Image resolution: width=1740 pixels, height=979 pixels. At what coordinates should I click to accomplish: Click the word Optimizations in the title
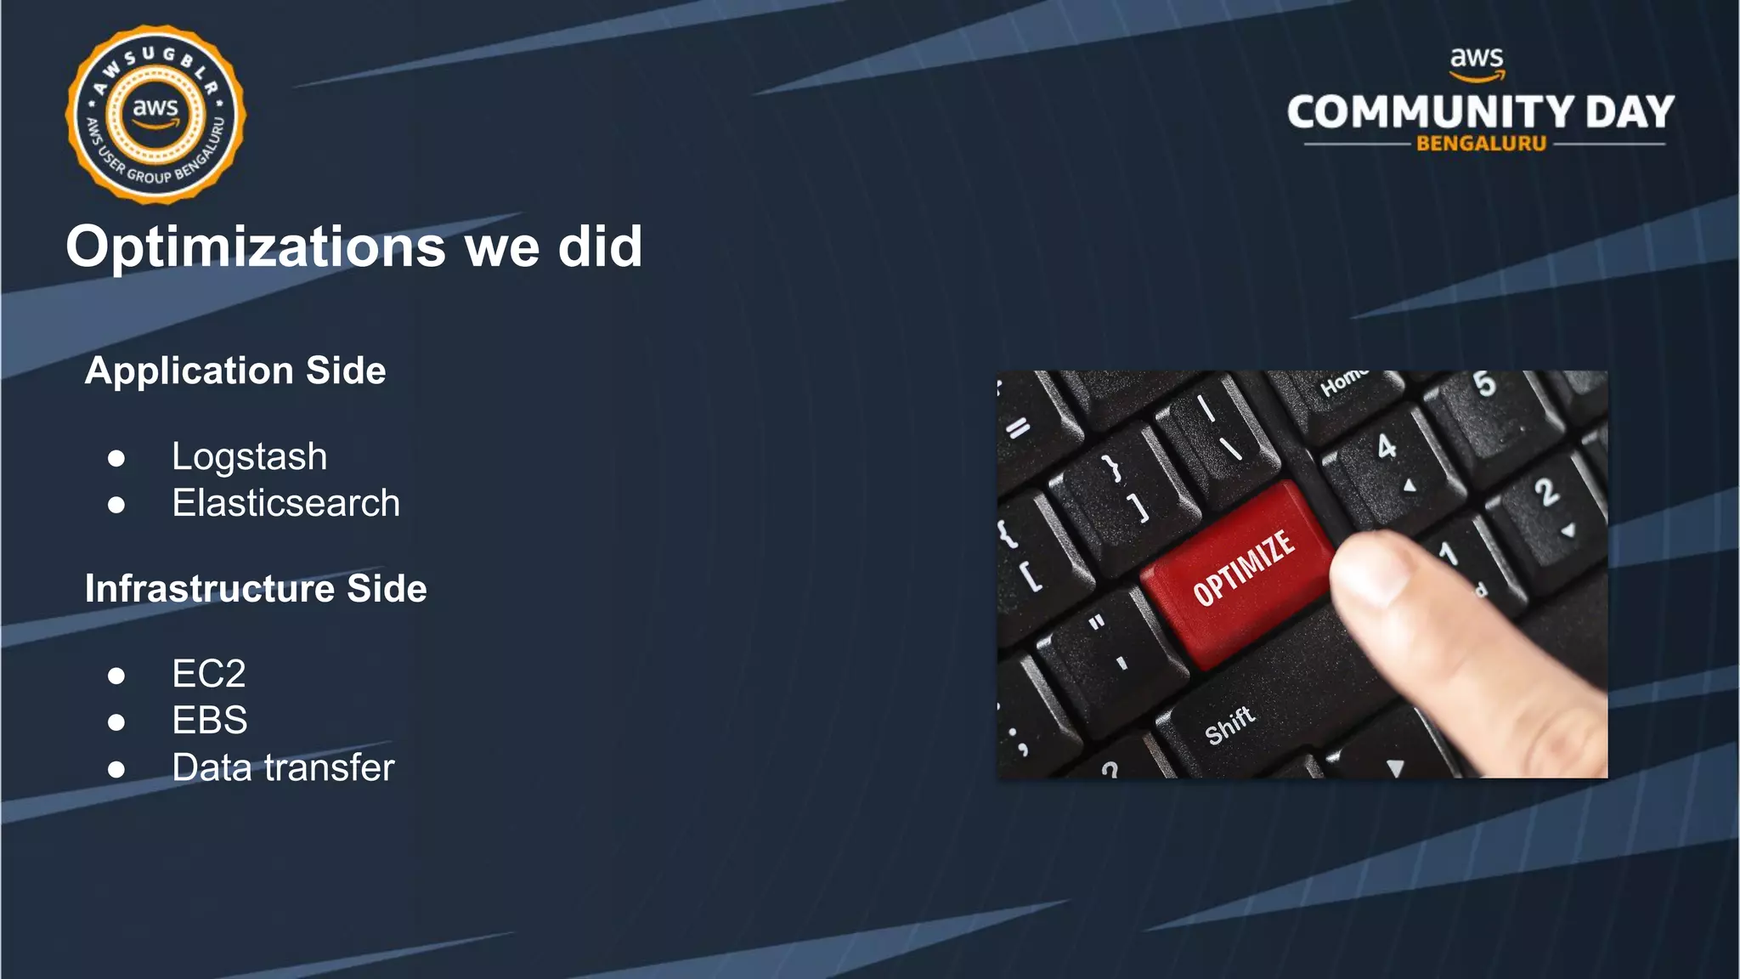coord(255,247)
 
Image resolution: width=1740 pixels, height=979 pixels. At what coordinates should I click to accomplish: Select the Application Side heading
coord(235,371)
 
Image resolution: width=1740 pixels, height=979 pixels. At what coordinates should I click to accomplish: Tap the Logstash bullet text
coord(249,457)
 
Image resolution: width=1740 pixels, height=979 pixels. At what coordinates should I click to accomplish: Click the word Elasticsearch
coord(285,503)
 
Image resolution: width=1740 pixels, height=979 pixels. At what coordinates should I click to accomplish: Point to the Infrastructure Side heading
coord(256,589)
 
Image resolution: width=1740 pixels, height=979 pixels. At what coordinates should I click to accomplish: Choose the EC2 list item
coord(209,674)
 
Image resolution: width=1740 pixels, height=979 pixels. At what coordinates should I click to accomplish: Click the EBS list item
coord(210,721)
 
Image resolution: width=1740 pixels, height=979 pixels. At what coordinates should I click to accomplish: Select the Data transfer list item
coord(283,768)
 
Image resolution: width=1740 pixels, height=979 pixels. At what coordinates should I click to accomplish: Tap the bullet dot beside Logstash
coord(116,459)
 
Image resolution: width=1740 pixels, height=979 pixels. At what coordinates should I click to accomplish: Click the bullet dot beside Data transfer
coord(116,770)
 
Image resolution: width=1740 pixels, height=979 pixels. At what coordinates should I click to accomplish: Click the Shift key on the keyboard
coord(1229,725)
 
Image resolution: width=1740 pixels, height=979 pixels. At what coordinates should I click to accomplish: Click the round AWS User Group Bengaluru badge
coord(155,115)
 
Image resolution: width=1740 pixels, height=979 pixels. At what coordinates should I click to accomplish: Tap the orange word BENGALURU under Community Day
coord(1481,144)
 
